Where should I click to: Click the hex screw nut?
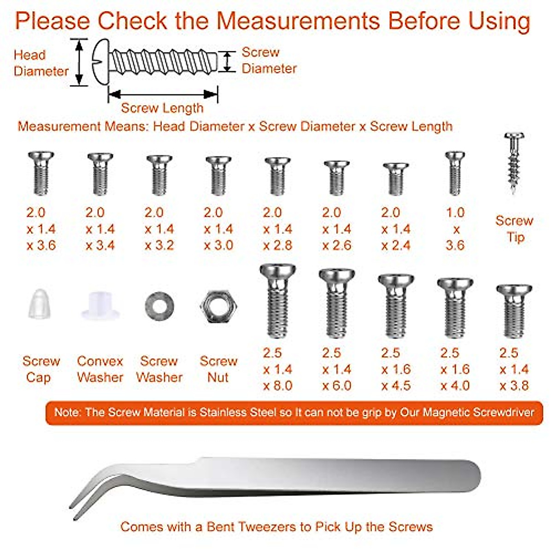(218, 306)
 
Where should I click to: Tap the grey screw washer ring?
(159, 305)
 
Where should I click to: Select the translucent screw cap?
(40, 304)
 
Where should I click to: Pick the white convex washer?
(100, 306)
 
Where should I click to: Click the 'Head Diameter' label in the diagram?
(41, 63)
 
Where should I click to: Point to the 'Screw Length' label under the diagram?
(162, 108)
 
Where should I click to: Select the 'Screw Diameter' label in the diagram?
(269, 60)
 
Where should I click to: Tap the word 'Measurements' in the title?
(299, 21)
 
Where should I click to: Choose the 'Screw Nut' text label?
(218, 369)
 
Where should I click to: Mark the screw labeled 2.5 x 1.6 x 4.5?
(396, 306)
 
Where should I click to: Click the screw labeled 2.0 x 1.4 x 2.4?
(396, 179)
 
